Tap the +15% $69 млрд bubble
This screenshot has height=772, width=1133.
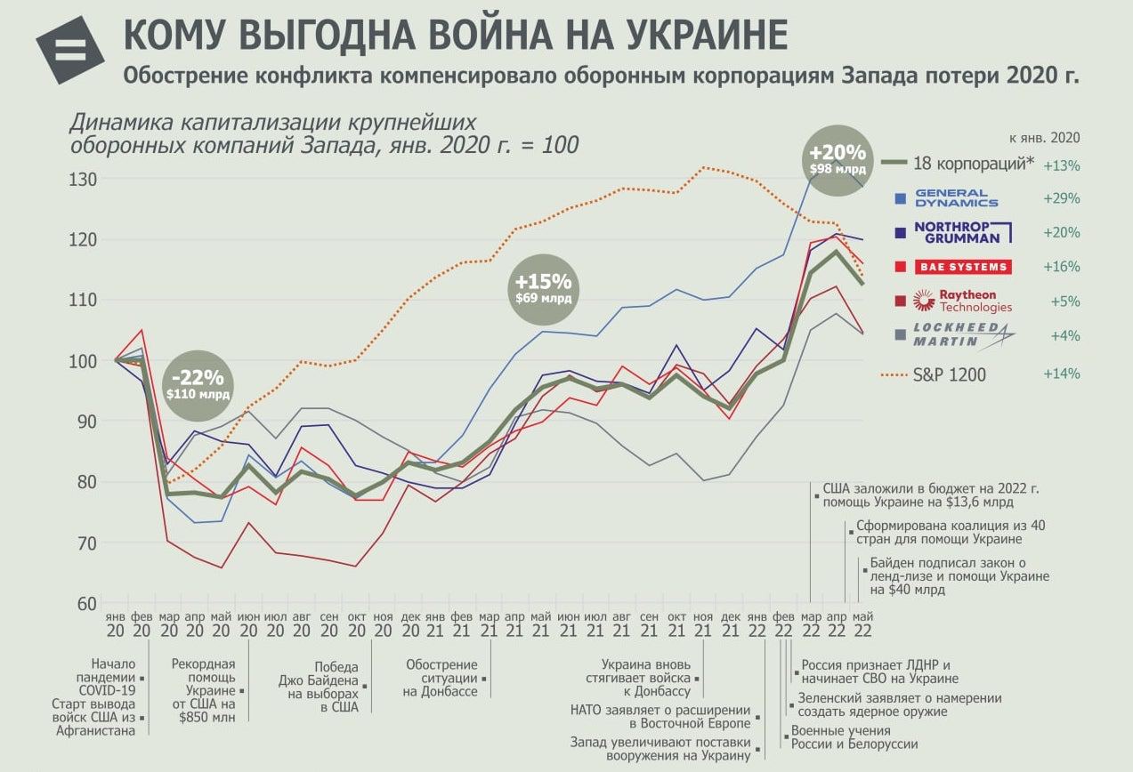543,288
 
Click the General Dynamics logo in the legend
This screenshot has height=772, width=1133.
951,198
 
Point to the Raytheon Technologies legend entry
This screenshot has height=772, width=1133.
964,301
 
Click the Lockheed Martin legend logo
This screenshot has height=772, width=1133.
964,335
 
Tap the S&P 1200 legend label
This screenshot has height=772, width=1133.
949,374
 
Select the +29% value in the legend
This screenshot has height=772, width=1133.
1062,198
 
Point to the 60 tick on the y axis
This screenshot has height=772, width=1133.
87,604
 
